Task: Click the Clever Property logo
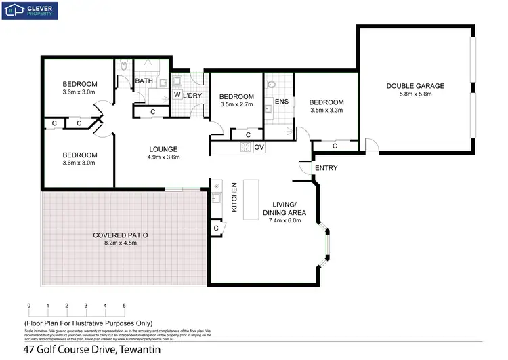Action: pos(30,10)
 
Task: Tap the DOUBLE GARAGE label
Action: pos(415,86)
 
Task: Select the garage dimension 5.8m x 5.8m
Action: pos(415,94)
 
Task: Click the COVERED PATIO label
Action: pos(120,235)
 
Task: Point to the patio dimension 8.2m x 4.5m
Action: pos(120,243)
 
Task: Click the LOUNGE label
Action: pos(163,149)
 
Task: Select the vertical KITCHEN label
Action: pos(234,197)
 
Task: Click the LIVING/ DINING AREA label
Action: pos(284,209)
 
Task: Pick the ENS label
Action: pos(282,102)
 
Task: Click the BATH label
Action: pos(144,81)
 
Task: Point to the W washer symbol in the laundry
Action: pos(176,95)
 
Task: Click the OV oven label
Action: pos(259,146)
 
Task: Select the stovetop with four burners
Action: pos(245,146)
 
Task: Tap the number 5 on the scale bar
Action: pos(124,306)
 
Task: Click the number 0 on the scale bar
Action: pos(29,306)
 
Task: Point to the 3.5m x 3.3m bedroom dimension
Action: pos(326,109)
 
